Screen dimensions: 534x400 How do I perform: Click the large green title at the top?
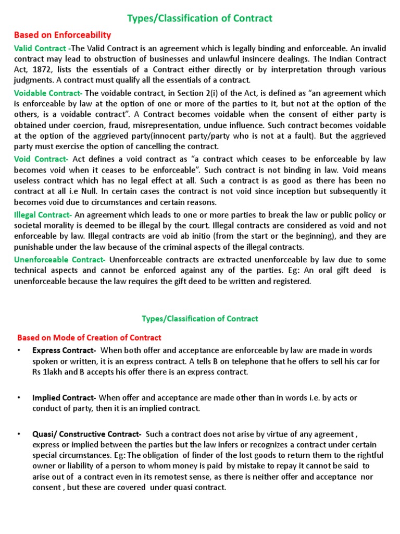tap(200, 18)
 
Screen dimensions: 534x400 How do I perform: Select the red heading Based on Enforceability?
tap(62, 35)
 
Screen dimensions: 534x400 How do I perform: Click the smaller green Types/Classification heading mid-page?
tap(200, 318)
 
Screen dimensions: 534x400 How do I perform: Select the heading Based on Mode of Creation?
tap(90, 337)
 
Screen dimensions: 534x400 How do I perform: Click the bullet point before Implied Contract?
tap(19, 398)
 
